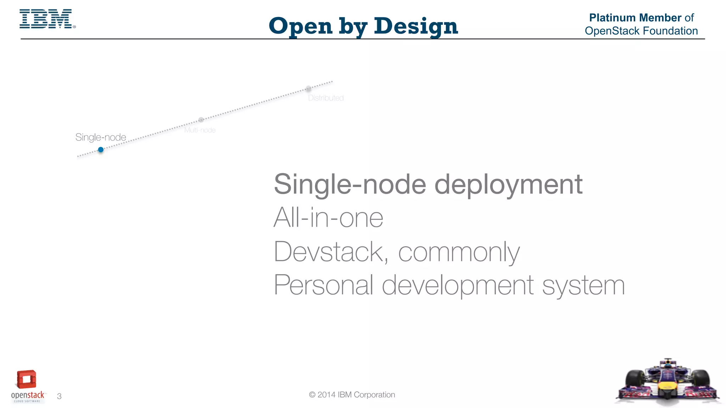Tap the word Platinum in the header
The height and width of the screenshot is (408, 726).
(x=612, y=18)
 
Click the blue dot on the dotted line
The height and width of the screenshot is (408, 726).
(x=101, y=150)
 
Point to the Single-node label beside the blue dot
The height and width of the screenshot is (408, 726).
(x=101, y=137)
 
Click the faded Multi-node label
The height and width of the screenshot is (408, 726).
(x=200, y=130)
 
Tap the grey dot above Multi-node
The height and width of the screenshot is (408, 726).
(x=201, y=120)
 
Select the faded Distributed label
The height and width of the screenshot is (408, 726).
(x=326, y=98)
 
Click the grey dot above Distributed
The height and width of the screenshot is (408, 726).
(x=308, y=89)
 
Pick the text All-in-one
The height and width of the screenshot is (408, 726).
(x=328, y=218)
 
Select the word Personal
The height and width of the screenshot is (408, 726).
(x=323, y=285)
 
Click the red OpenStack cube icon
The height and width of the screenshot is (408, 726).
(x=27, y=379)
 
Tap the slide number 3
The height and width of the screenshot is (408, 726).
(x=59, y=396)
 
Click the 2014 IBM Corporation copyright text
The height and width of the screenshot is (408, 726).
(x=352, y=395)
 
